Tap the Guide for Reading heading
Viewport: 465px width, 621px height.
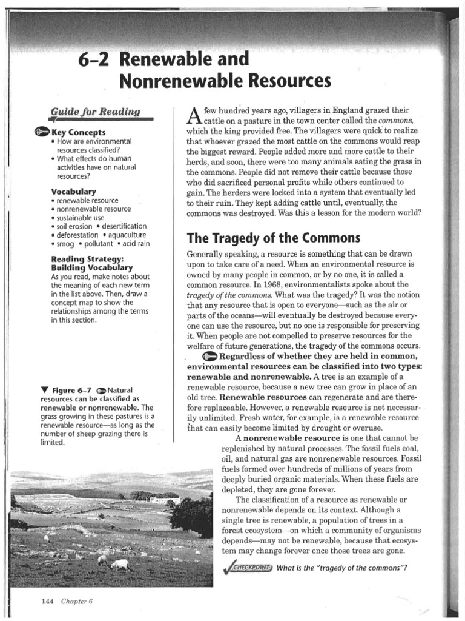click(96, 112)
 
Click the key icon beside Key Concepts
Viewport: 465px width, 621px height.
click(42, 132)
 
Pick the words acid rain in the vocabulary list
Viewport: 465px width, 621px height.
click(133, 244)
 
